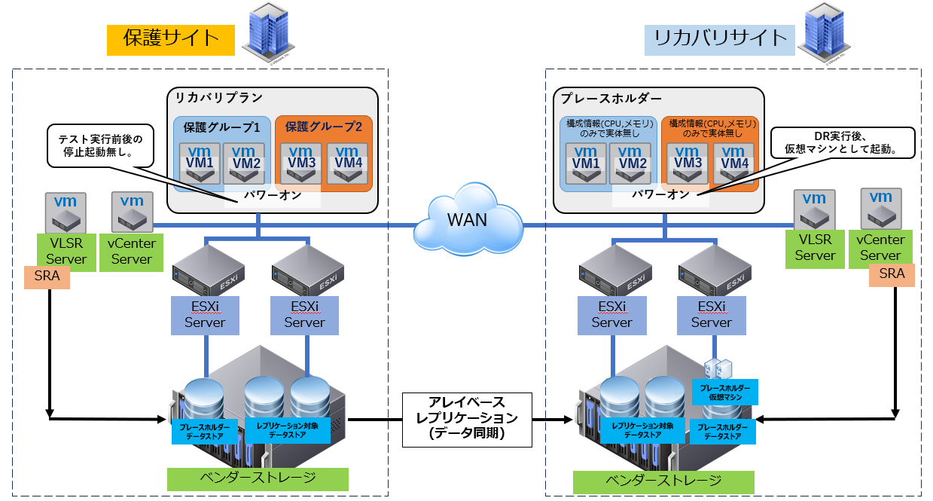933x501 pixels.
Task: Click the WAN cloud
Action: (468, 221)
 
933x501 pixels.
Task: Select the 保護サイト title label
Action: (171, 38)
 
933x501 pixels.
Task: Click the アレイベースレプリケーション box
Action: (467, 417)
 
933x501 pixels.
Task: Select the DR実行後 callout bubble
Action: (843, 142)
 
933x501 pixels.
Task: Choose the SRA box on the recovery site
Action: (892, 274)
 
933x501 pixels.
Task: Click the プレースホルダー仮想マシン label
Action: (724, 393)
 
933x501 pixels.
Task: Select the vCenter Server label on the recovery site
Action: (880, 247)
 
